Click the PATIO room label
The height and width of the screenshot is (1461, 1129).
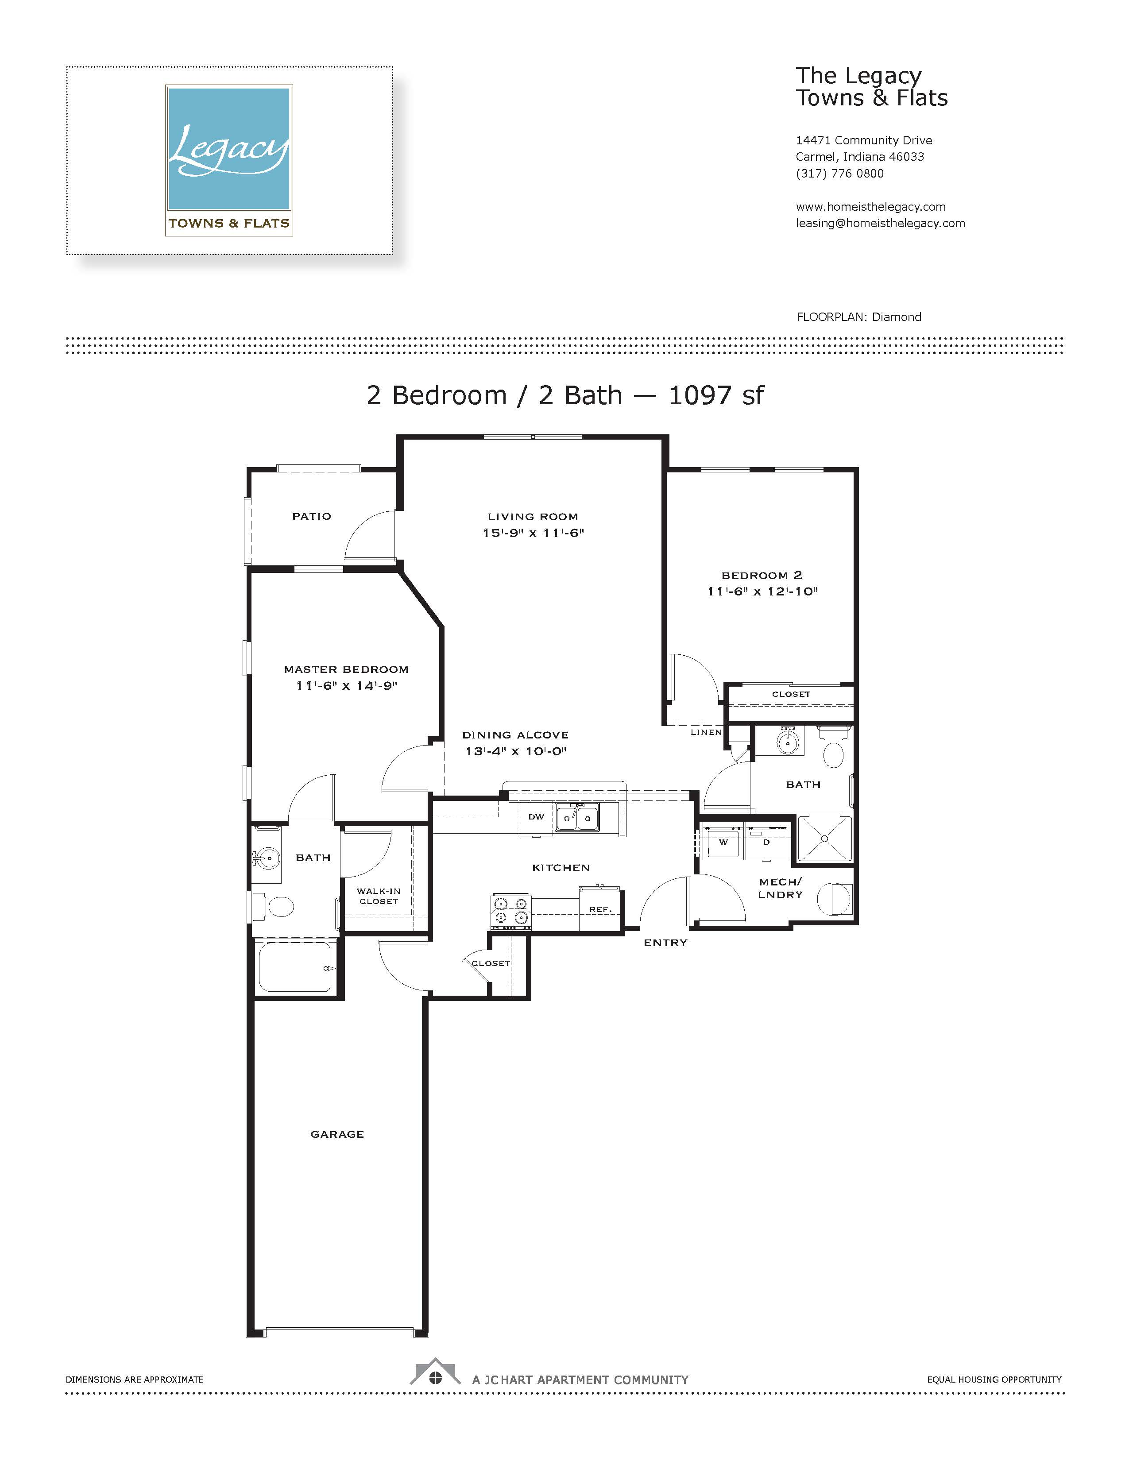tap(312, 516)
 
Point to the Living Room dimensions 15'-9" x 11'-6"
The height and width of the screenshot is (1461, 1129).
tap(533, 533)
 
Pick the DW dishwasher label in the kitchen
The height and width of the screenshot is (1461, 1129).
tap(537, 817)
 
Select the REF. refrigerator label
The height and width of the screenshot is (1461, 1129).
tap(600, 909)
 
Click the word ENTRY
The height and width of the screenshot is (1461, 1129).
tap(665, 943)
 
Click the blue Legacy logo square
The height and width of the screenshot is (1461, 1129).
tap(229, 148)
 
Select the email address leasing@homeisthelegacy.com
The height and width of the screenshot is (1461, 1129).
tap(880, 224)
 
